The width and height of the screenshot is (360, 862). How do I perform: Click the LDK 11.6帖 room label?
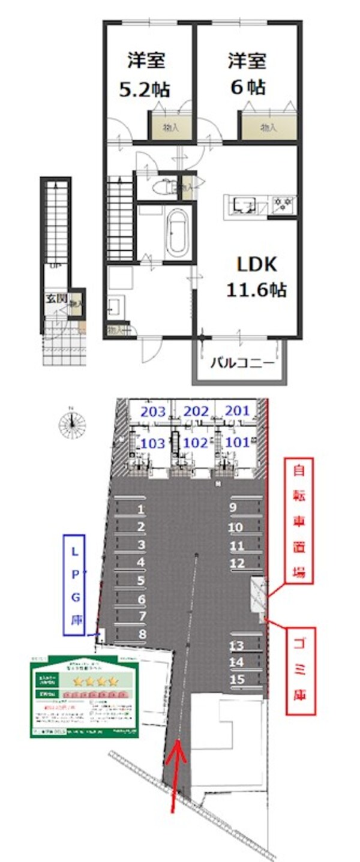(x=256, y=277)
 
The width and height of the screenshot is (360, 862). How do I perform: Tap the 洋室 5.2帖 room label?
(x=145, y=74)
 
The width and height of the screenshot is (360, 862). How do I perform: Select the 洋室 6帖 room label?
(x=247, y=73)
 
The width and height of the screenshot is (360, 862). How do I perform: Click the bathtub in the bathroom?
(x=177, y=232)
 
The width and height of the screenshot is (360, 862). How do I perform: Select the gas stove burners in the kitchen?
(x=281, y=205)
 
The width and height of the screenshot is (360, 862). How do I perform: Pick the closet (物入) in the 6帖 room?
(x=268, y=127)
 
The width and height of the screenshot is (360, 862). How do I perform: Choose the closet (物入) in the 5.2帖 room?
(x=170, y=127)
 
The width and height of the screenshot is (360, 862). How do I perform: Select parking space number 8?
(x=142, y=633)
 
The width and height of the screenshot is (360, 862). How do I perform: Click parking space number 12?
(x=237, y=563)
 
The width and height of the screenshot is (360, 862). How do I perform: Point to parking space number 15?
(x=237, y=679)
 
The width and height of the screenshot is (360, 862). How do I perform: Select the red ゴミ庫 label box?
(x=300, y=670)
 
